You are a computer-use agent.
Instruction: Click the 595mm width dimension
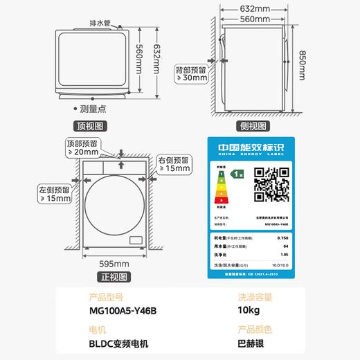click(x=114, y=263)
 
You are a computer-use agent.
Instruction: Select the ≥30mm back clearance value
click(x=191, y=78)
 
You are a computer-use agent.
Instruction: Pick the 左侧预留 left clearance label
click(x=53, y=189)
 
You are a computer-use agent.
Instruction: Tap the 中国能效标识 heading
click(x=250, y=148)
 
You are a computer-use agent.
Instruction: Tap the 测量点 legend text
click(x=91, y=109)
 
